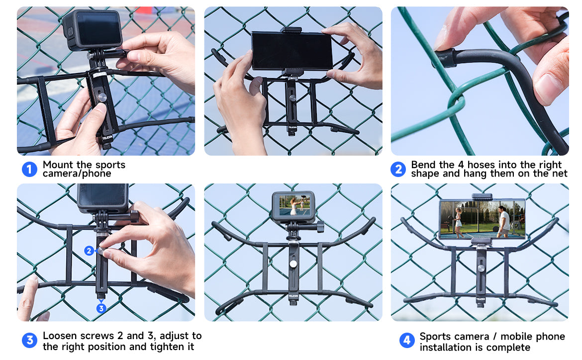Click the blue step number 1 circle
coord(29,169)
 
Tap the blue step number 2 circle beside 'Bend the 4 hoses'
coord(398,169)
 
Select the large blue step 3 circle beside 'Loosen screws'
coord(29,340)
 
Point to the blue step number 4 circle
coord(407,340)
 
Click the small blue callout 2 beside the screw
coord(89,251)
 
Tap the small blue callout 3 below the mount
coord(101,308)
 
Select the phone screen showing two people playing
coord(482,219)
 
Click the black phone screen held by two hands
coord(291,51)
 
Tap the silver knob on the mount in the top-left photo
coord(101,97)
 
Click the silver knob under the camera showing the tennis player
coord(293,264)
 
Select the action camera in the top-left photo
coord(93,30)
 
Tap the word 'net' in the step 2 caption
coord(560,174)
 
